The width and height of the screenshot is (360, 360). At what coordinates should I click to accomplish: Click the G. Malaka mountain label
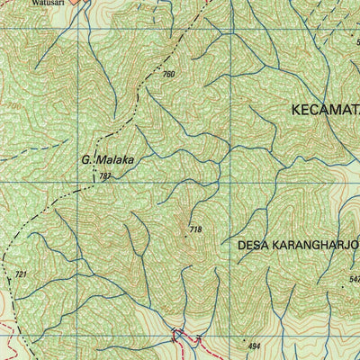click(107, 159)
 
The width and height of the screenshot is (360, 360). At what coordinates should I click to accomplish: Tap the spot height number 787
click(105, 176)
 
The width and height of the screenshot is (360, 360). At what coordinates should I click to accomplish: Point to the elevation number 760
click(168, 74)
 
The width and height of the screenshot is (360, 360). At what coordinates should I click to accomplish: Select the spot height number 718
click(195, 231)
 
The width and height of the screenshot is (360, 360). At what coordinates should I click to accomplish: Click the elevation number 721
click(22, 273)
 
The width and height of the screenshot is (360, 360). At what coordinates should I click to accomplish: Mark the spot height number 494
click(254, 346)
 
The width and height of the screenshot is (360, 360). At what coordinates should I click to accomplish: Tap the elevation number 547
click(353, 280)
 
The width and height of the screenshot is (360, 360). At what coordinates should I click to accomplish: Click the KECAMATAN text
click(324, 110)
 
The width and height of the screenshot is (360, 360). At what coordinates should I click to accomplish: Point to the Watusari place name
click(45, 4)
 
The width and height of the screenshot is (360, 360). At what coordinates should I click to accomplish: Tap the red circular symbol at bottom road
click(176, 339)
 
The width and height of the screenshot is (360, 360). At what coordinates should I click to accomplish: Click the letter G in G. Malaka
click(85, 159)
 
